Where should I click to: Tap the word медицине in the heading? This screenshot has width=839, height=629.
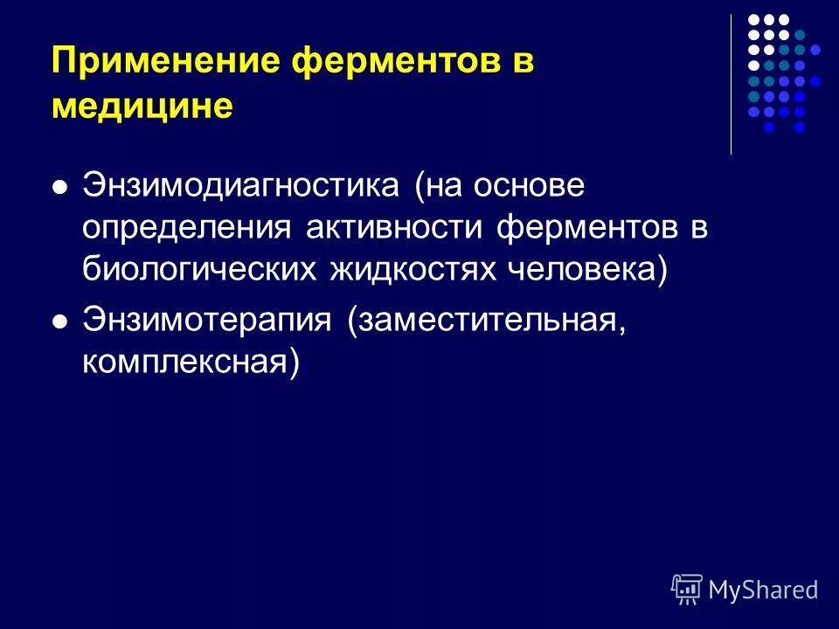pos(142,107)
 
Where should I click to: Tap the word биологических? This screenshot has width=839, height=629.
pos(200,269)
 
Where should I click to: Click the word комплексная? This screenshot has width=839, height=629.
pos(190,361)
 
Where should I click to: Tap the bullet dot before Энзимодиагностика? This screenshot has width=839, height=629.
pos(60,187)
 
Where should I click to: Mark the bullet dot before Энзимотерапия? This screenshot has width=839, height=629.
pos(60,321)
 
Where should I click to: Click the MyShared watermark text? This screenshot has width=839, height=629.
pos(763,590)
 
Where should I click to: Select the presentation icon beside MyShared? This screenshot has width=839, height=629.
pos(687,589)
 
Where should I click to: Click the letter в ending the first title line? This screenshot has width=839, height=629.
pos(521,64)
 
